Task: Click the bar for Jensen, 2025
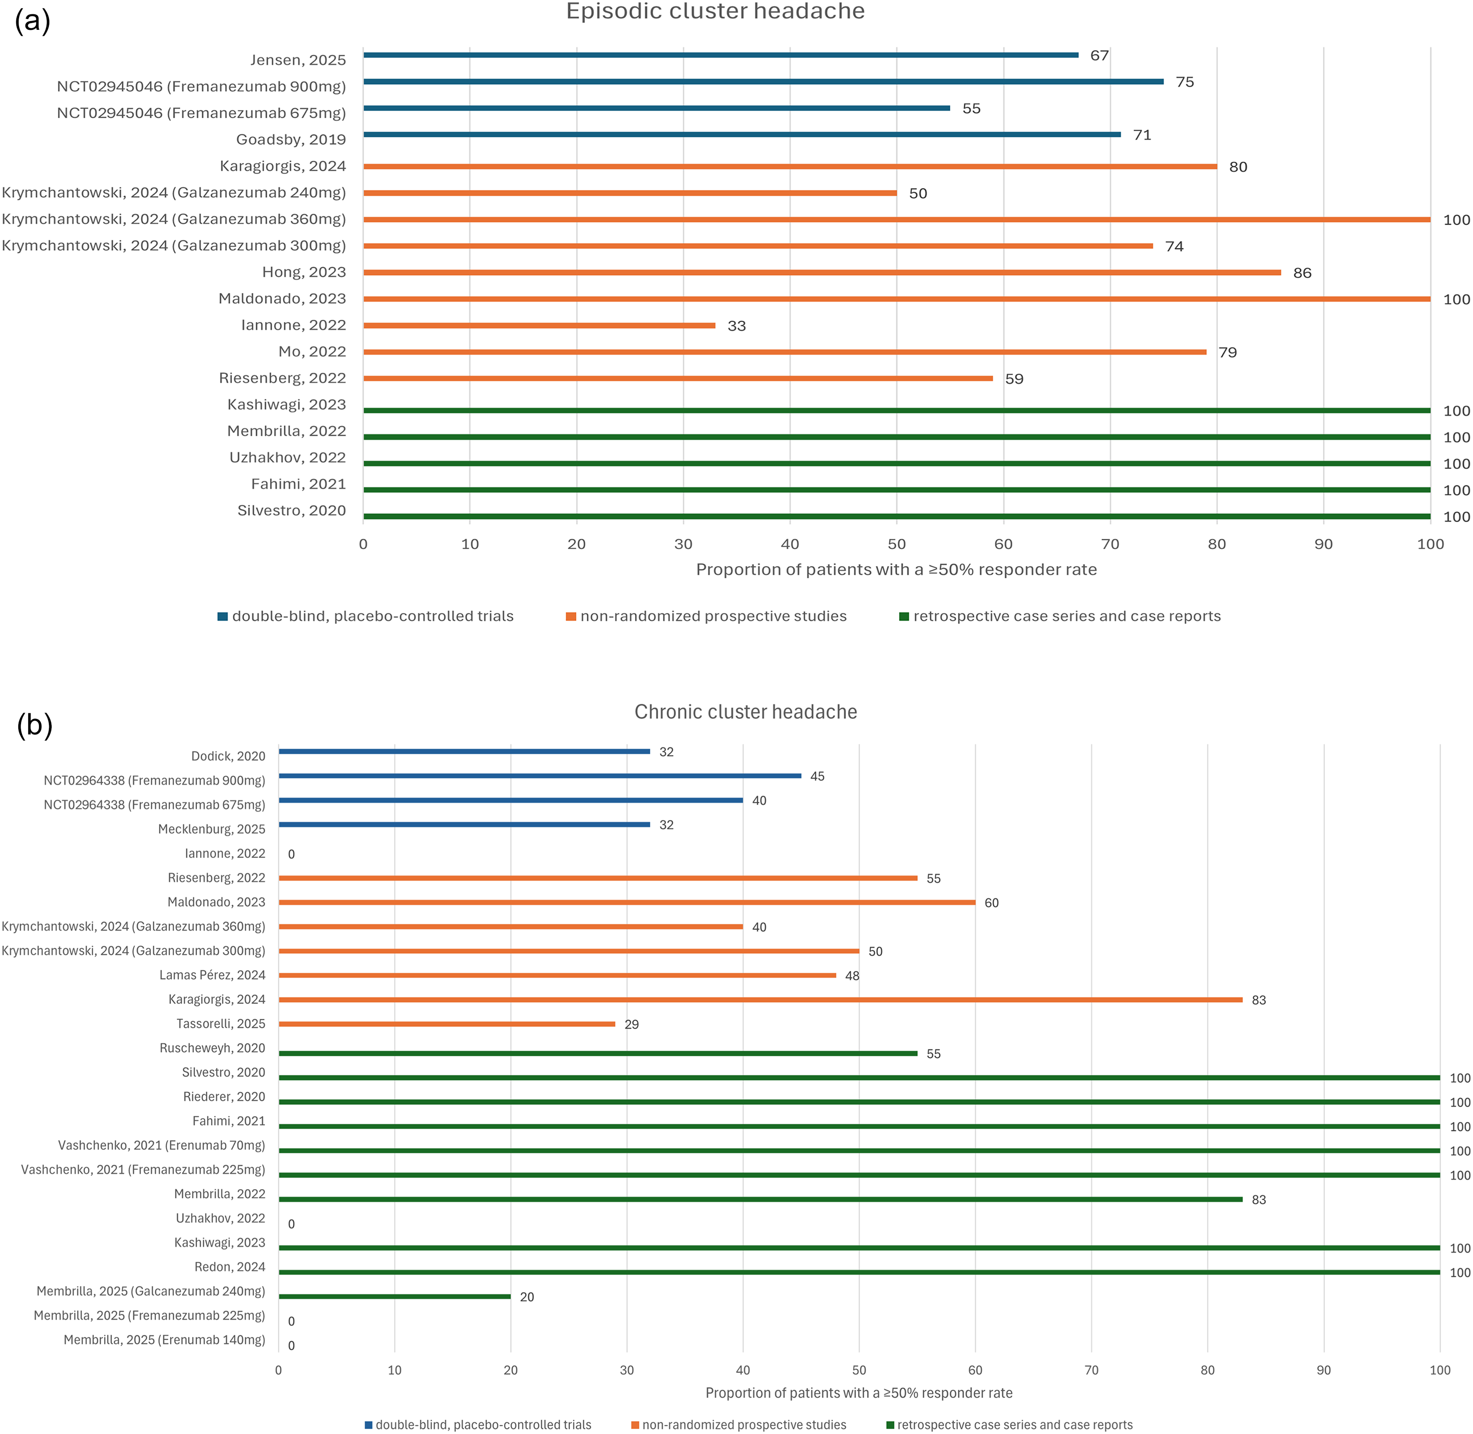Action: coord(721,55)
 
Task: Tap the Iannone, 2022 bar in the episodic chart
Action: coord(539,325)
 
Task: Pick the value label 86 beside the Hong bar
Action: coord(1302,273)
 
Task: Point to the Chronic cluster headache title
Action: coord(746,712)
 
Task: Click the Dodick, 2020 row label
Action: coord(228,756)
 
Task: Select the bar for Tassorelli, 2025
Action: coord(447,1023)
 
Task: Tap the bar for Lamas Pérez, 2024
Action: coord(557,975)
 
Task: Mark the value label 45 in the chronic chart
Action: coord(817,777)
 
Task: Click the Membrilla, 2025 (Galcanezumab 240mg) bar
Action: coord(395,1296)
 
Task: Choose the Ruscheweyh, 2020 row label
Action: coord(212,1048)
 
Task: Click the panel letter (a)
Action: coord(32,20)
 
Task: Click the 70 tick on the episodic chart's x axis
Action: coord(1110,544)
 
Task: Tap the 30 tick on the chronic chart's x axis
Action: coord(627,1370)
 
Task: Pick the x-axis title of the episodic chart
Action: coord(896,569)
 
